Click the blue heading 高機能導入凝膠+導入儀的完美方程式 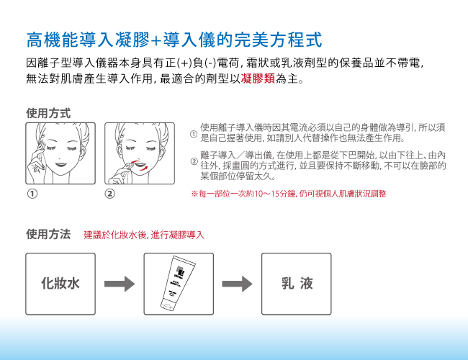tap(174, 40)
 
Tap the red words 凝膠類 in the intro tap(258, 78)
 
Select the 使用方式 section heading tap(48, 114)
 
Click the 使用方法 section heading tap(48, 234)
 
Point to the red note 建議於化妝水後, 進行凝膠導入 tap(144, 235)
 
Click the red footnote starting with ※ tap(289, 194)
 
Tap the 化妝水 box tap(60, 284)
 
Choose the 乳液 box tap(297, 284)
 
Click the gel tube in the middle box tap(178, 282)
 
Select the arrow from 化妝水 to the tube tap(120, 284)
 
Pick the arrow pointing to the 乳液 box tap(237, 284)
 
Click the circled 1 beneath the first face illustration tap(32, 194)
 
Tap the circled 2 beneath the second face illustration tap(110, 194)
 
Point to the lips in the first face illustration tap(60, 164)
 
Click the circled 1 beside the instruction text tap(194, 134)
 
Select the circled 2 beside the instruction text tap(194, 162)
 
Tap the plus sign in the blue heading tap(156, 40)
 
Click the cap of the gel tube tap(166, 305)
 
